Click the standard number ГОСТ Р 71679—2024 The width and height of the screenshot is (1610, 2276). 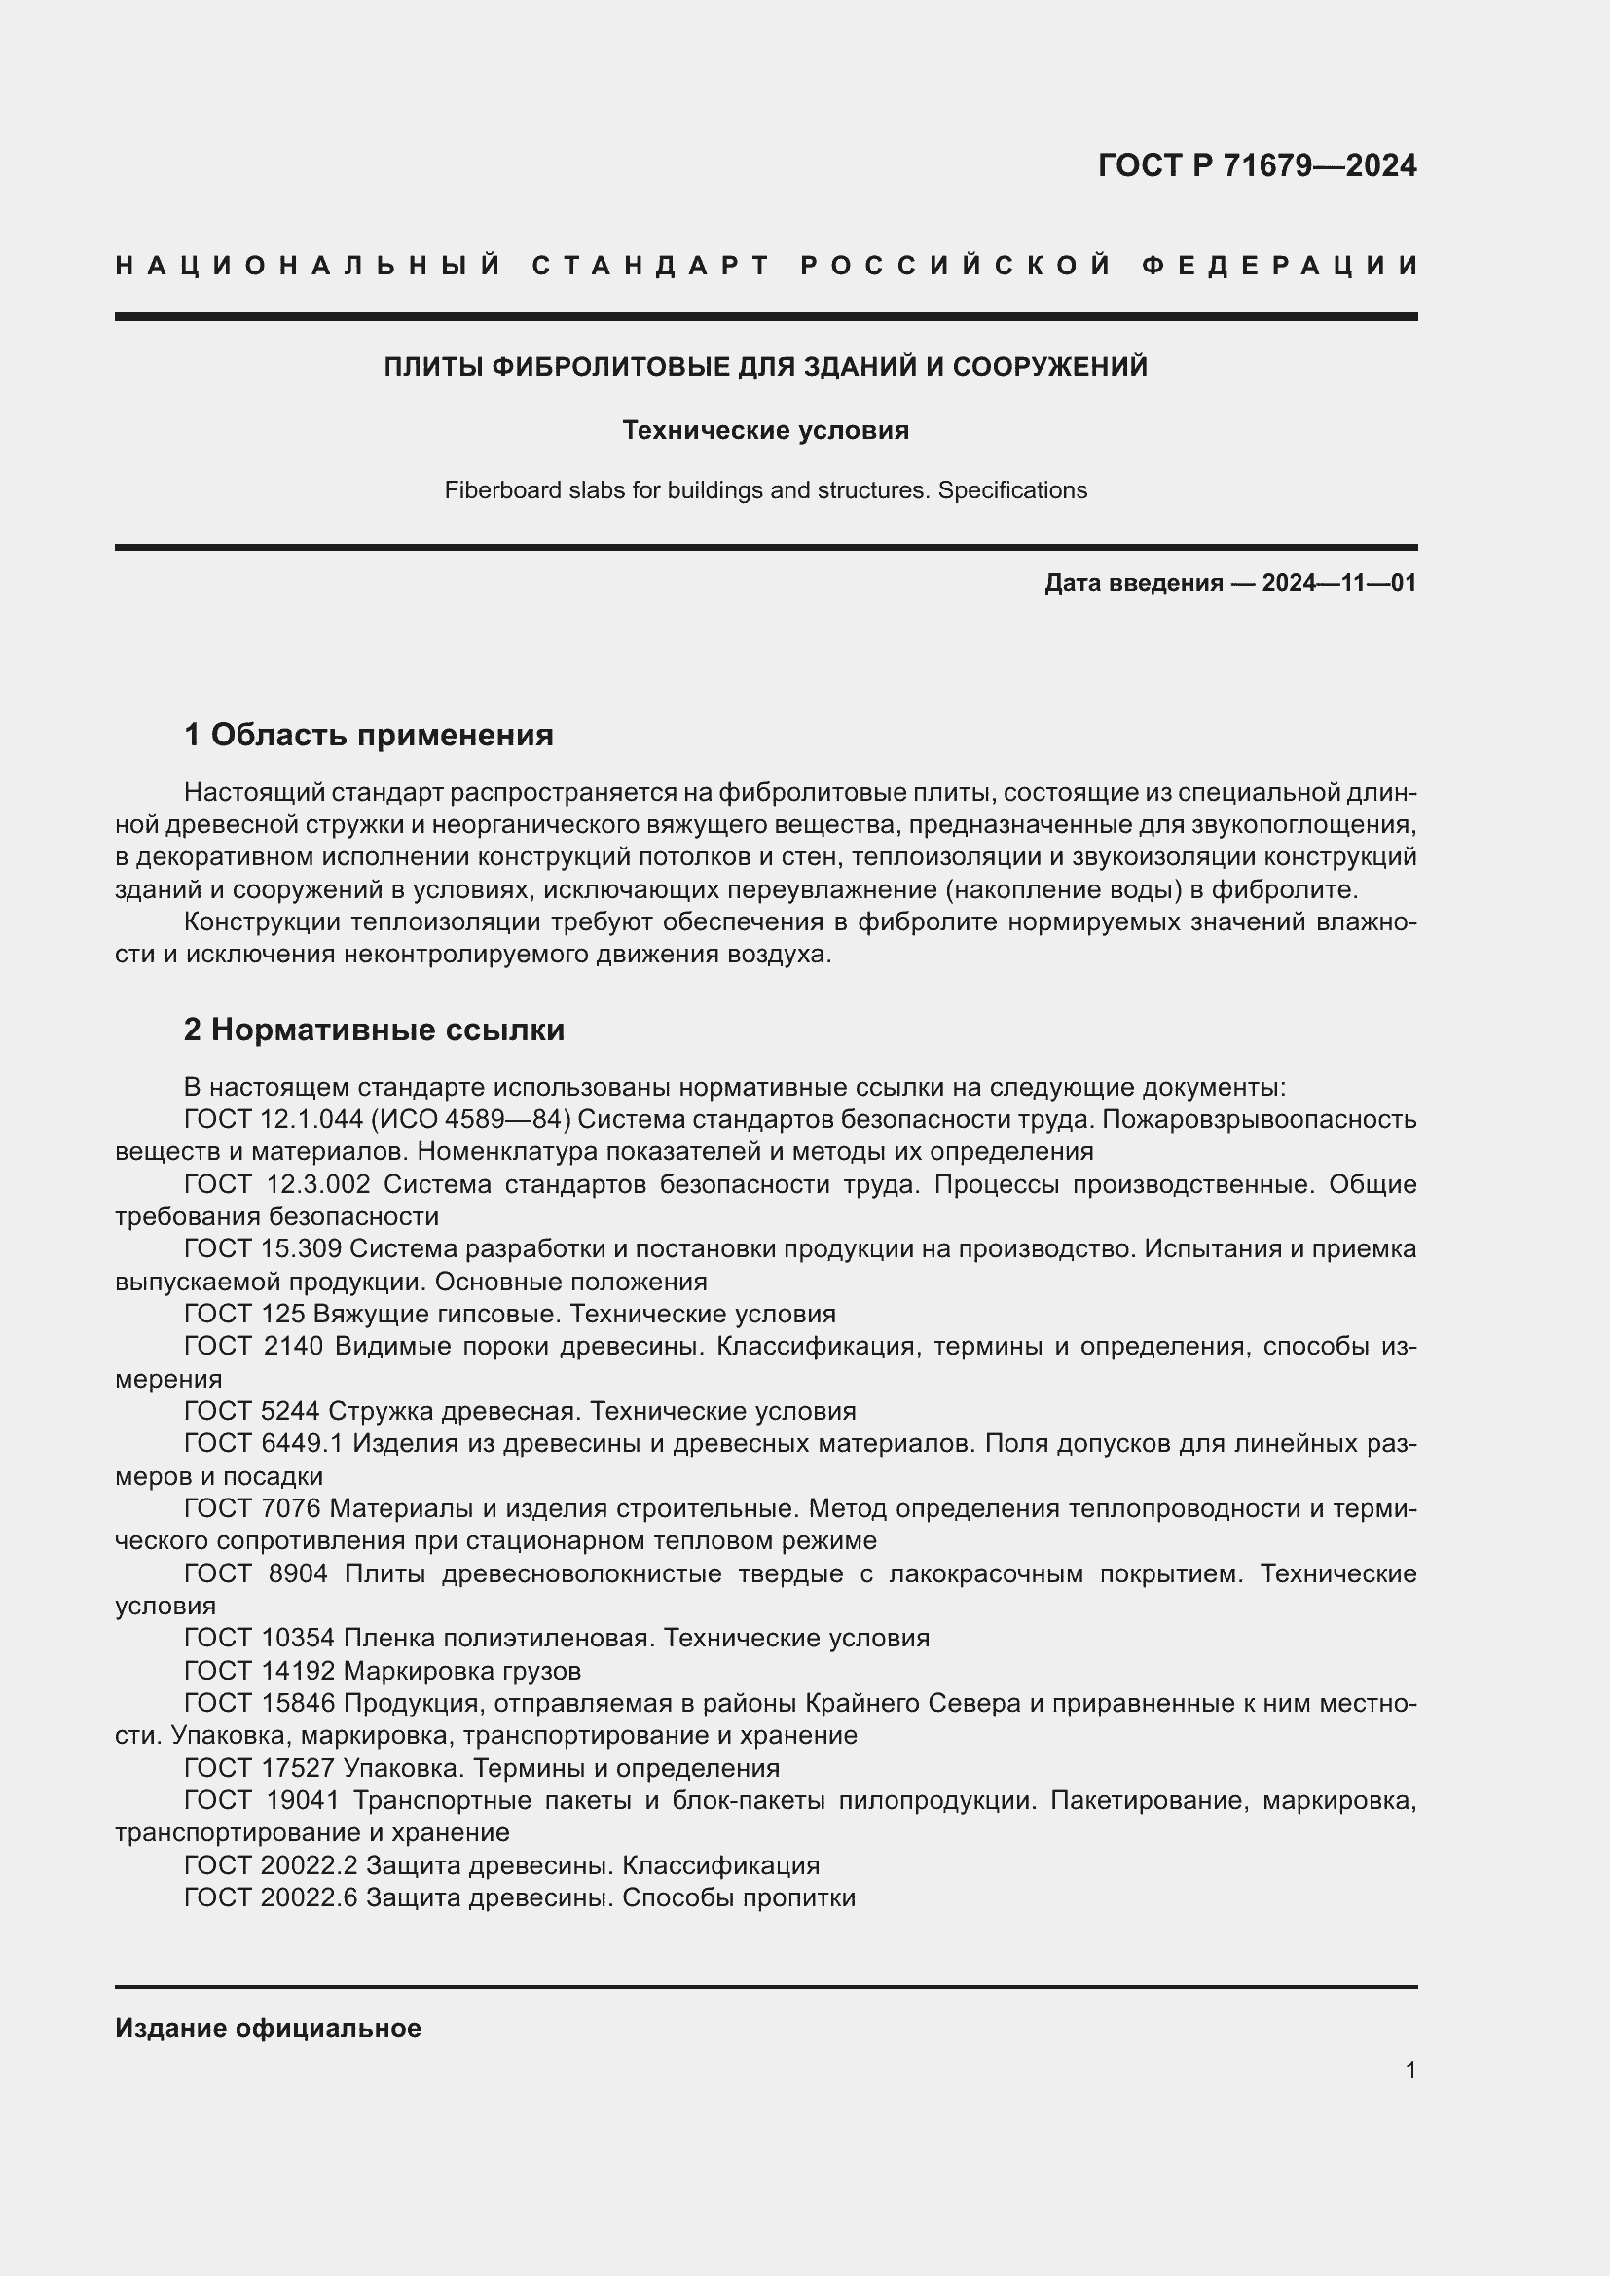pyautogui.click(x=1257, y=165)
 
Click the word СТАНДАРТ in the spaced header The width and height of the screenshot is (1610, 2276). pyautogui.click(x=651, y=266)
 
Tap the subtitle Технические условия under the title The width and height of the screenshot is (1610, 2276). pyautogui.click(x=765, y=430)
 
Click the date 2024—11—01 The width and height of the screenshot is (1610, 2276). pyautogui.click(x=1339, y=583)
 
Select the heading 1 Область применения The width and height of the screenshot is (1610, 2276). pyautogui.click(x=369, y=735)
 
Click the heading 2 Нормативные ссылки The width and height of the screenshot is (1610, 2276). pyautogui.click(x=374, y=1030)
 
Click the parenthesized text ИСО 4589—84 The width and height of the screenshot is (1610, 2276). pyautogui.click(x=471, y=1119)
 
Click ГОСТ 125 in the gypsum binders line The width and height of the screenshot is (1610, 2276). pyautogui.click(x=244, y=1314)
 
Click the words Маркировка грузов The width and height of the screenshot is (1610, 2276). pyautogui.click(x=462, y=1671)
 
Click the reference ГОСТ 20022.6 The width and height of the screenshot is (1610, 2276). pyautogui.click(x=271, y=1897)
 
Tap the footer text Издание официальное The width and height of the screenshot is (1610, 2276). pyautogui.click(x=268, y=2028)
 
